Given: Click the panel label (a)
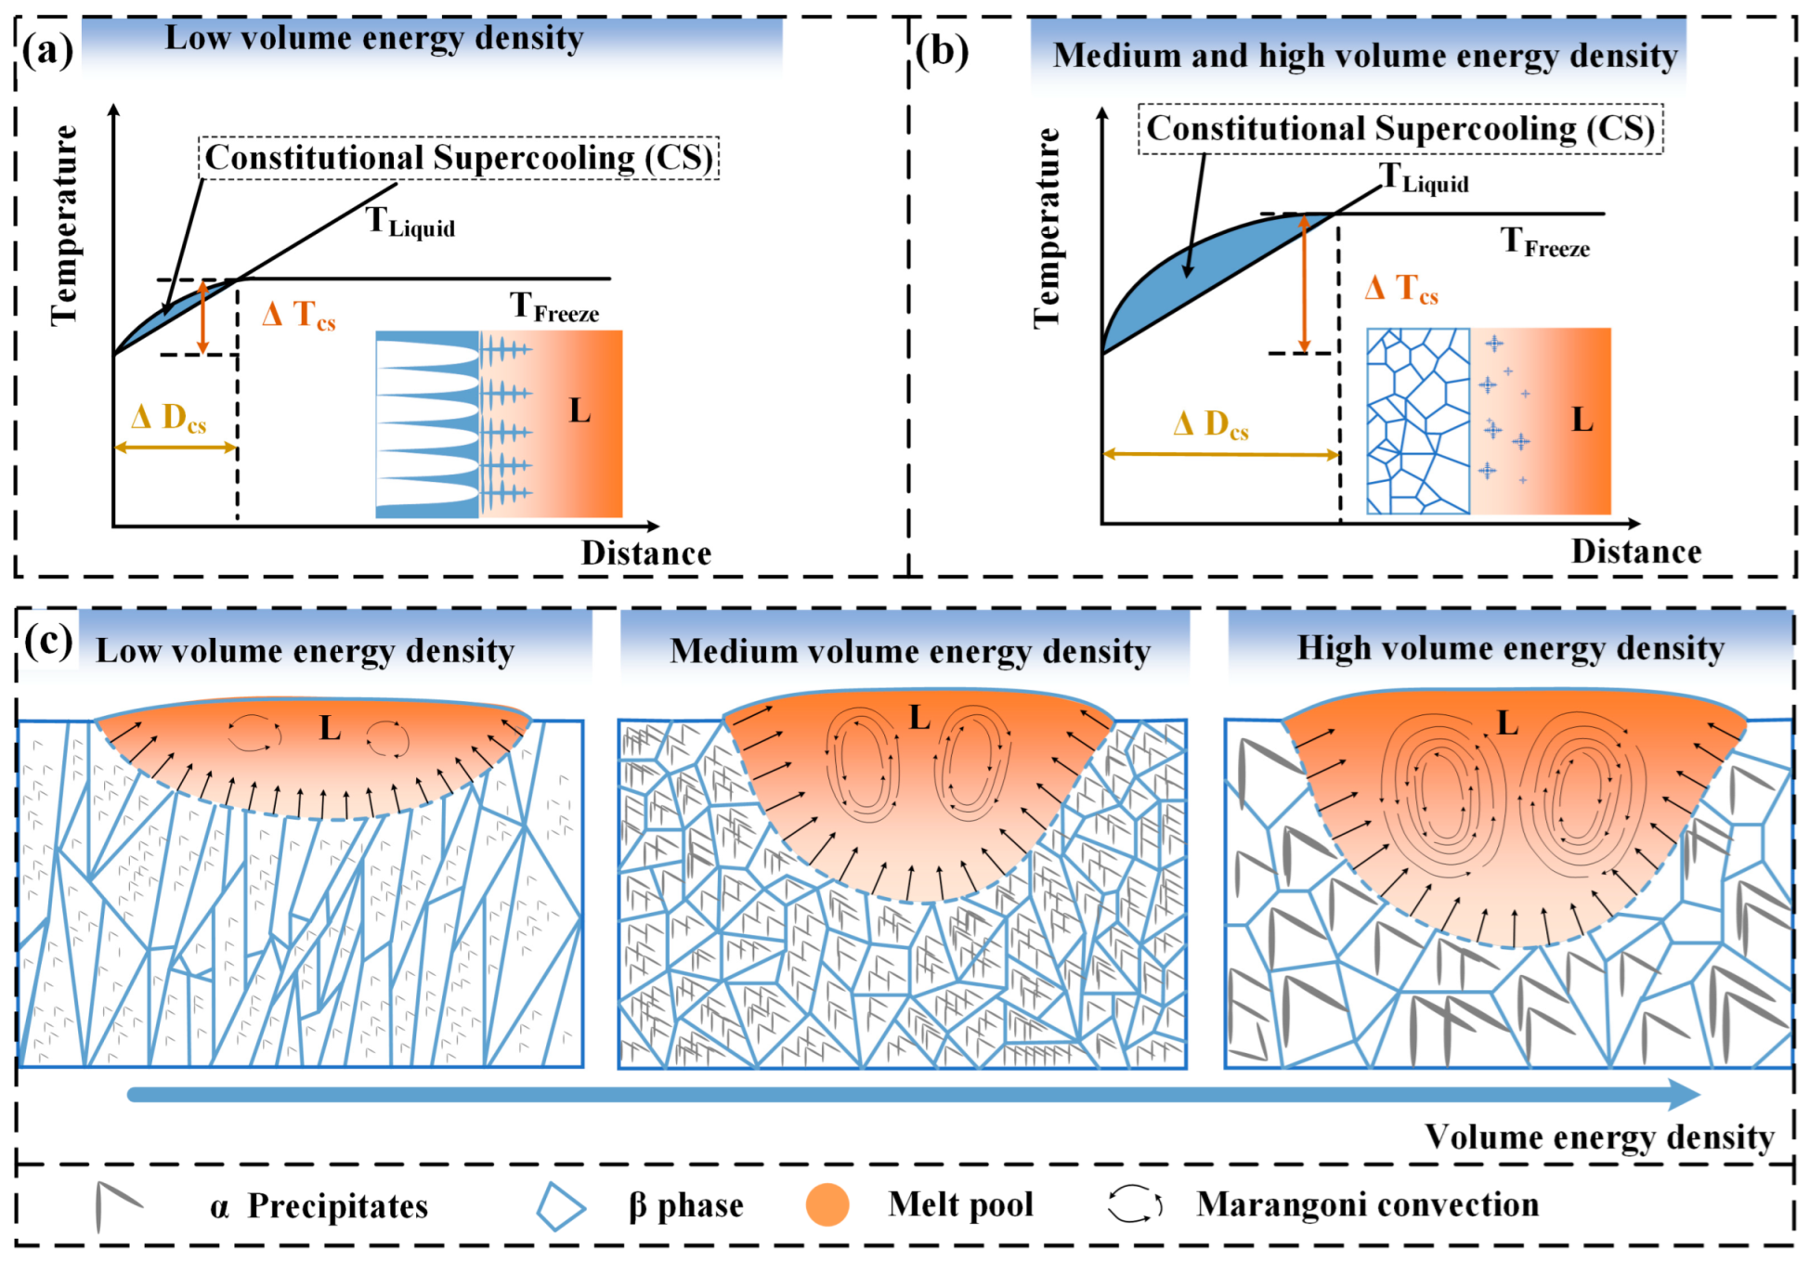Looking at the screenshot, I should tap(48, 50).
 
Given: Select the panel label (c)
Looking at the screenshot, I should tap(48, 640).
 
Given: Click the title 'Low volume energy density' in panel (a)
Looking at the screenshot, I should tap(373, 38).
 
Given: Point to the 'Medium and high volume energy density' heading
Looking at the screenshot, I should tap(1364, 56).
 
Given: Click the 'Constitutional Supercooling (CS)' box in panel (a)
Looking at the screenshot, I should tap(459, 158).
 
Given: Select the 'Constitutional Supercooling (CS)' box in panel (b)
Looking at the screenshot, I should tap(1400, 128).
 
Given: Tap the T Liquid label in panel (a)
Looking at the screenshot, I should tap(410, 222).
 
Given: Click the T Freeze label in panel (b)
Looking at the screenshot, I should tap(1544, 243).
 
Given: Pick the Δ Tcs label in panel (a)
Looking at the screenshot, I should tap(298, 315).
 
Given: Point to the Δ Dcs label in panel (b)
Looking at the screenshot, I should tap(1210, 425).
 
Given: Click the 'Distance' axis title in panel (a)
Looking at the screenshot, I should tap(646, 553).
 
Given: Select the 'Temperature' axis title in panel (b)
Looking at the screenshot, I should tap(1047, 228).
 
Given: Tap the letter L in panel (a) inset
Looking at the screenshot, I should tap(579, 410).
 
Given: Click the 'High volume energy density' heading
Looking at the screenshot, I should tap(1510, 648).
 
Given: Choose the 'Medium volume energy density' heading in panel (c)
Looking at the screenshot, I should tap(910, 652).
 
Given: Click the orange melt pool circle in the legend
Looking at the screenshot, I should tap(827, 1205).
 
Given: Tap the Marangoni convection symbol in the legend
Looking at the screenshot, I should tap(1134, 1204).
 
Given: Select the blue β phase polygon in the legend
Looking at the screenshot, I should tap(561, 1206).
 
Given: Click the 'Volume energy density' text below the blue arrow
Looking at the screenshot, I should tap(1599, 1137).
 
